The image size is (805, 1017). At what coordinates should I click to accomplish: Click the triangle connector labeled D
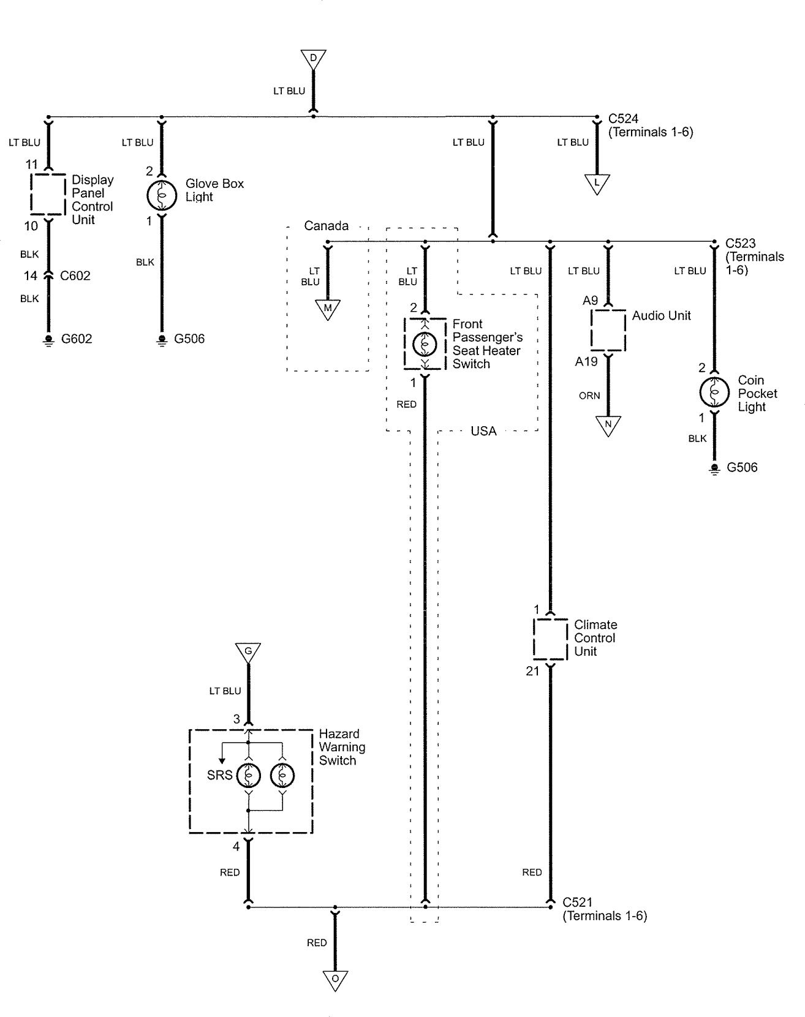coord(313,59)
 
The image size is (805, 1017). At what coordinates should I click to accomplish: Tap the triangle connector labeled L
coord(597,182)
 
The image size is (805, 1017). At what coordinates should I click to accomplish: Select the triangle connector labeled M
coord(328,309)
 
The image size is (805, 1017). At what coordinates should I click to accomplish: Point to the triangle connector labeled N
coord(608,424)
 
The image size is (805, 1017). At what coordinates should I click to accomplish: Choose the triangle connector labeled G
coord(248,652)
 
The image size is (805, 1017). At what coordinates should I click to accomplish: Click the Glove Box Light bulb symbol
coord(162,194)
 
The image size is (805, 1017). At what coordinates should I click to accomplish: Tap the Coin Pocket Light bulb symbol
coord(714,392)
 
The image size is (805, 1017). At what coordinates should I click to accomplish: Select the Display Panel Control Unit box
coord(48,194)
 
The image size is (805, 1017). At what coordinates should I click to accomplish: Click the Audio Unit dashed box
coord(608,329)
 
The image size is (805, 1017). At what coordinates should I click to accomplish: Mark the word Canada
coord(326,226)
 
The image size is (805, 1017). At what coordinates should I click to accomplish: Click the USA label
coord(483,431)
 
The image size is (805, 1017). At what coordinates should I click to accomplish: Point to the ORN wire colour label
coord(589,396)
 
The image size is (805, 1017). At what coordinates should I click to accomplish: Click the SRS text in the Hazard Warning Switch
coord(219,775)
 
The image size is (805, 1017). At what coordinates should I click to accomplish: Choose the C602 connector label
coord(75,276)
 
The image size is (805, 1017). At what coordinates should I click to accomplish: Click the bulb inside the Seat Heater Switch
coord(425,344)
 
